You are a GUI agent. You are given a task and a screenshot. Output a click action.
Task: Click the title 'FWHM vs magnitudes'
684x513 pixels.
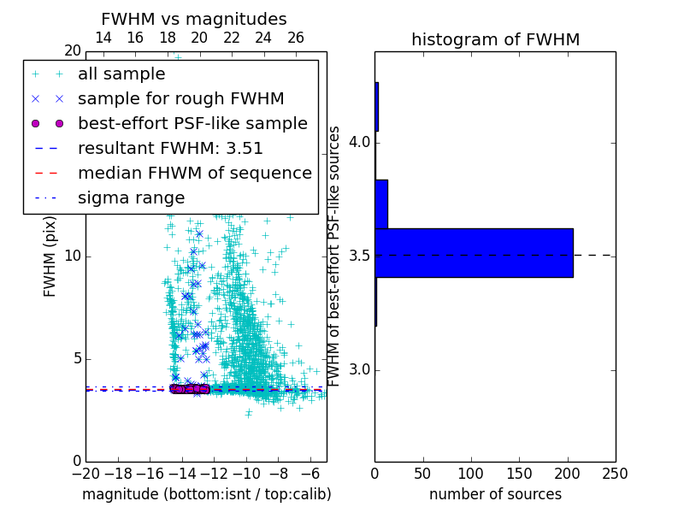[194, 19]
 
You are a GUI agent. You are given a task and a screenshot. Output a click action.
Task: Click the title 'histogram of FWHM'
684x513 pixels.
[495, 39]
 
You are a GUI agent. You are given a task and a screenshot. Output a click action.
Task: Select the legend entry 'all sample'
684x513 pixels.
[121, 74]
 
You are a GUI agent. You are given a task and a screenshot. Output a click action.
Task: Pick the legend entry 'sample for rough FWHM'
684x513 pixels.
[180, 99]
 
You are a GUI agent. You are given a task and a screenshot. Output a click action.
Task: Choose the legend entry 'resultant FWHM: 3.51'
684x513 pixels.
[170, 149]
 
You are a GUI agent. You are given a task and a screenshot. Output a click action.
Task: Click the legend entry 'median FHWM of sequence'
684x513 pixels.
[194, 174]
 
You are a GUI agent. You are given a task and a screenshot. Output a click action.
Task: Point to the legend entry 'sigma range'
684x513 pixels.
[131, 198]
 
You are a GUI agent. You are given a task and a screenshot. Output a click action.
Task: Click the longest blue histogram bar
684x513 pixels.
[474, 253]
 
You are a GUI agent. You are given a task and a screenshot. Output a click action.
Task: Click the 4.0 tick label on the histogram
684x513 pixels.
[359, 142]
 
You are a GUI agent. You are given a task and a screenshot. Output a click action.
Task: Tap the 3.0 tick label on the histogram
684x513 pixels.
[359, 370]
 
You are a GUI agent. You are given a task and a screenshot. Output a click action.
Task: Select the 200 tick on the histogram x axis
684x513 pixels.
[568, 473]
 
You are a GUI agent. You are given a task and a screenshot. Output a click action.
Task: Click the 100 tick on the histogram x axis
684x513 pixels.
[471, 473]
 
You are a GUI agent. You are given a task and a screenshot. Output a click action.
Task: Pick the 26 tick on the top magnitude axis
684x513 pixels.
[295, 38]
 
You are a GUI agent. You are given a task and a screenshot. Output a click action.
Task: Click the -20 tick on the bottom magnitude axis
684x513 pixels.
[85, 473]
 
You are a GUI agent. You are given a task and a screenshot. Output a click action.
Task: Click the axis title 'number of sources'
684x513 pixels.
[495, 494]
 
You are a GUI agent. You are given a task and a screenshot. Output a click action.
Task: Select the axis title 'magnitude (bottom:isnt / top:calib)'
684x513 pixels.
[206, 494]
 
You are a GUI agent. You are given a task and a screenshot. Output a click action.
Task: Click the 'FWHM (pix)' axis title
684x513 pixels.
[50, 256]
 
